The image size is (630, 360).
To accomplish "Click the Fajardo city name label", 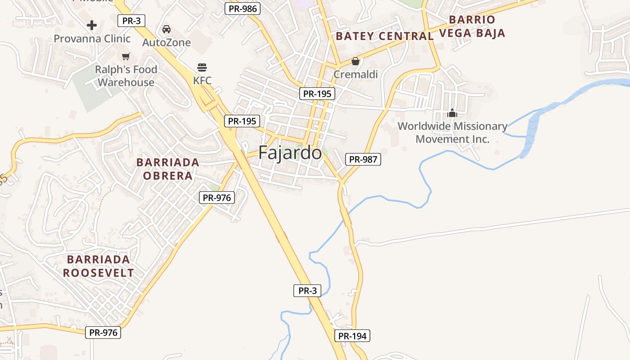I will click(x=290, y=153).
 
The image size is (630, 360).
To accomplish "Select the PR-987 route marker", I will click(x=363, y=159).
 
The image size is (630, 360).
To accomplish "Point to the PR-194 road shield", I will click(x=352, y=336).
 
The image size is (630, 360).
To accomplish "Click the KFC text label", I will click(x=202, y=81).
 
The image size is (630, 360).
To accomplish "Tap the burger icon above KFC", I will click(x=202, y=67).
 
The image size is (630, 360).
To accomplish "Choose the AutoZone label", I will click(x=166, y=43).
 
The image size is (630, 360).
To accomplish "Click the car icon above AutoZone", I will click(x=166, y=29).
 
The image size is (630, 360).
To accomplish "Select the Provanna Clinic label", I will click(x=92, y=39).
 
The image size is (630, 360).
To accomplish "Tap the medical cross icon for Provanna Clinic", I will click(x=92, y=25).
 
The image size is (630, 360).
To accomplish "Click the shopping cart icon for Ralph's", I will click(x=126, y=57).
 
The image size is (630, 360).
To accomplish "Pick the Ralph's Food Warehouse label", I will click(x=126, y=76).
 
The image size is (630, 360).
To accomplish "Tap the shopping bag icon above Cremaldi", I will click(x=355, y=61).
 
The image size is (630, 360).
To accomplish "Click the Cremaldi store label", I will click(x=355, y=74).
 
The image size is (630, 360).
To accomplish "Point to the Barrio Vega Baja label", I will click(x=472, y=26).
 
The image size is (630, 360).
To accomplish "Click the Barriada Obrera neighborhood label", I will click(x=168, y=169).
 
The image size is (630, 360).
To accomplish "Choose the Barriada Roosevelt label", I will click(x=99, y=266).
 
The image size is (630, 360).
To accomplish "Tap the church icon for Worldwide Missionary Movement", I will click(x=452, y=113).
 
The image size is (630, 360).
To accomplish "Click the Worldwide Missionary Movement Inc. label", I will click(x=452, y=133).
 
